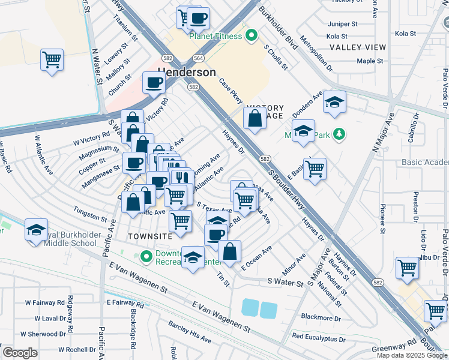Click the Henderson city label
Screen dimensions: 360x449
click(186, 72)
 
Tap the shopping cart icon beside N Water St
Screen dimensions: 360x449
click(52, 60)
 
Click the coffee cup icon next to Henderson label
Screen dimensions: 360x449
click(154, 83)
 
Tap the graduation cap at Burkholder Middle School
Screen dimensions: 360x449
click(36, 230)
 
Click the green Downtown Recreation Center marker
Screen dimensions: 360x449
click(145, 257)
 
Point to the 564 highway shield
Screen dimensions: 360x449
click(198, 58)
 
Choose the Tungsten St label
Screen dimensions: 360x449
click(89, 211)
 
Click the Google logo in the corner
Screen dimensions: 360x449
click(20, 353)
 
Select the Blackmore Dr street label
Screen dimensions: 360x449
click(321, 317)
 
